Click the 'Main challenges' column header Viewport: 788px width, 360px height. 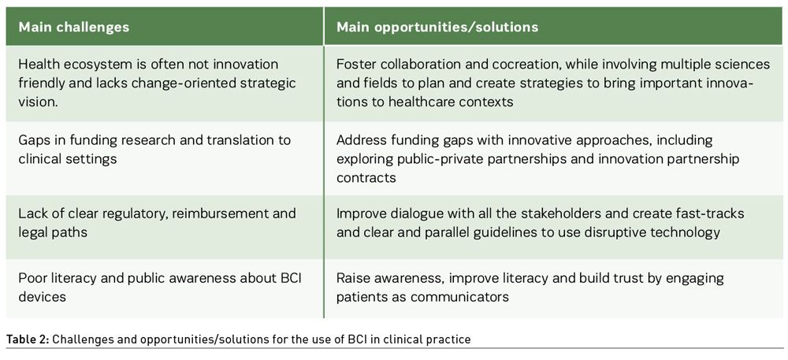click(x=74, y=27)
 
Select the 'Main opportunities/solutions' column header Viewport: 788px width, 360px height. click(x=437, y=27)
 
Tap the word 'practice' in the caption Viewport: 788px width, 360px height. click(x=452, y=340)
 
